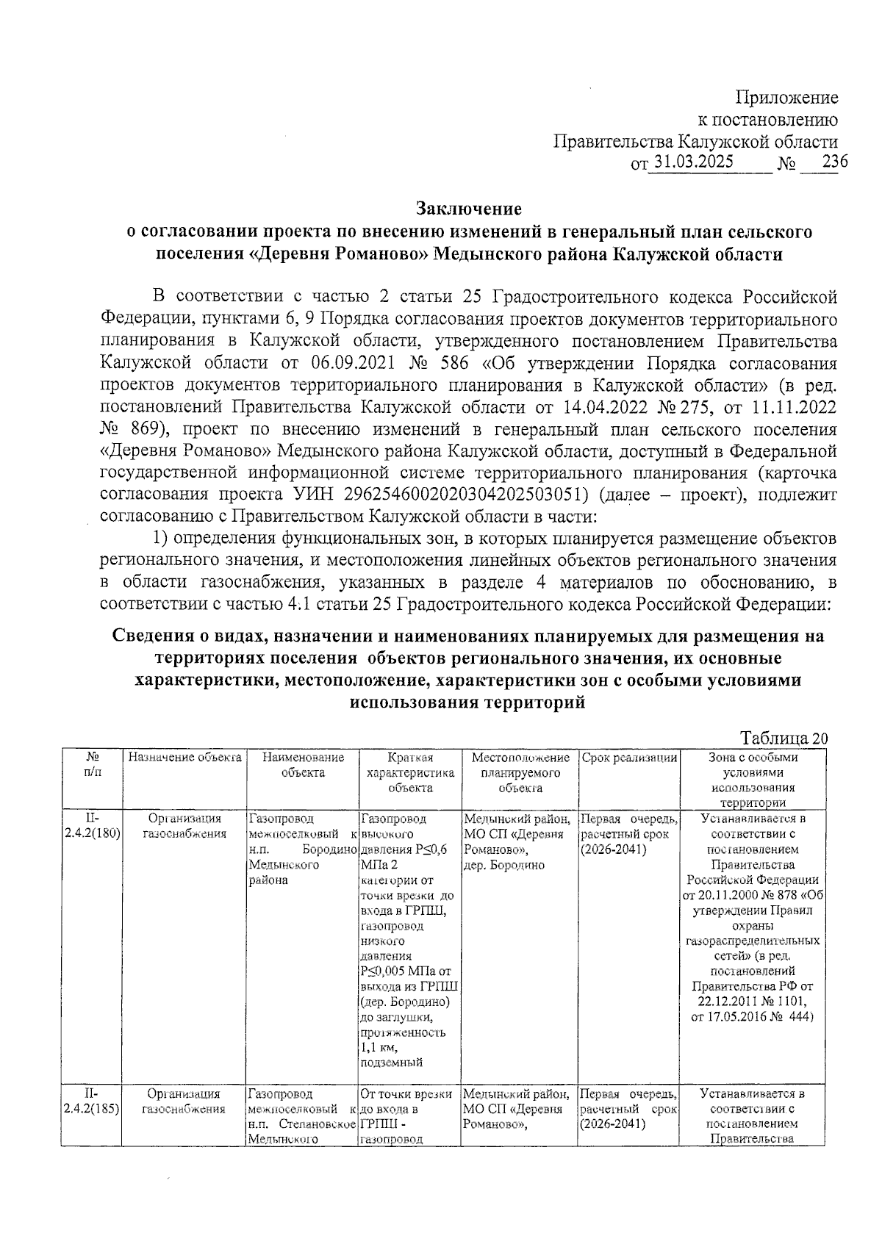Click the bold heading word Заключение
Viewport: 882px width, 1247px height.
click(469, 209)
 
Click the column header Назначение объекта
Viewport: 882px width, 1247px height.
click(184, 757)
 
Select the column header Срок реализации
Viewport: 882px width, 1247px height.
click(629, 757)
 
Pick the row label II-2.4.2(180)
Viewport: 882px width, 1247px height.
click(93, 826)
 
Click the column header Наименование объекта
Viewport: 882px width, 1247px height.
click(303, 764)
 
